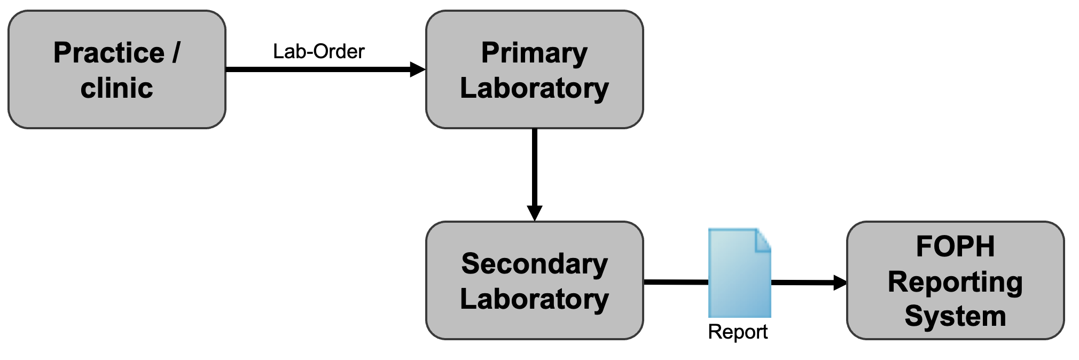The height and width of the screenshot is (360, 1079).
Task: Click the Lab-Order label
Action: (x=318, y=52)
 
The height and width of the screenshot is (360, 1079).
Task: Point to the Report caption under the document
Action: (x=737, y=332)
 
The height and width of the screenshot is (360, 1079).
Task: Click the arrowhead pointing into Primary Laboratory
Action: (x=417, y=69)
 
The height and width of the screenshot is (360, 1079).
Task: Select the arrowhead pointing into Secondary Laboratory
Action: (x=534, y=213)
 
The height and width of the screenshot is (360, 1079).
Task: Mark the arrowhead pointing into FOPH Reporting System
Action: (x=839, y=283)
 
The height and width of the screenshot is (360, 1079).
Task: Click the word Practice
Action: (x=108, y=53)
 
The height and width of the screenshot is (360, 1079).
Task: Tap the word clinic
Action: (x=116, y=88)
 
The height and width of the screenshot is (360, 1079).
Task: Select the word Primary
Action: (x=534, y=53)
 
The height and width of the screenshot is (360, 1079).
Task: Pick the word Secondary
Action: (x=534, y=264)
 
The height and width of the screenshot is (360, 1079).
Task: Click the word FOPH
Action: (x=955, y=246)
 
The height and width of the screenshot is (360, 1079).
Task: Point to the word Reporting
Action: (x=955, y=282)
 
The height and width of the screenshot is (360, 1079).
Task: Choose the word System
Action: (x=955, y=316)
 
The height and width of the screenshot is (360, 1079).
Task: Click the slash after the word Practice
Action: (x=176, y=53)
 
